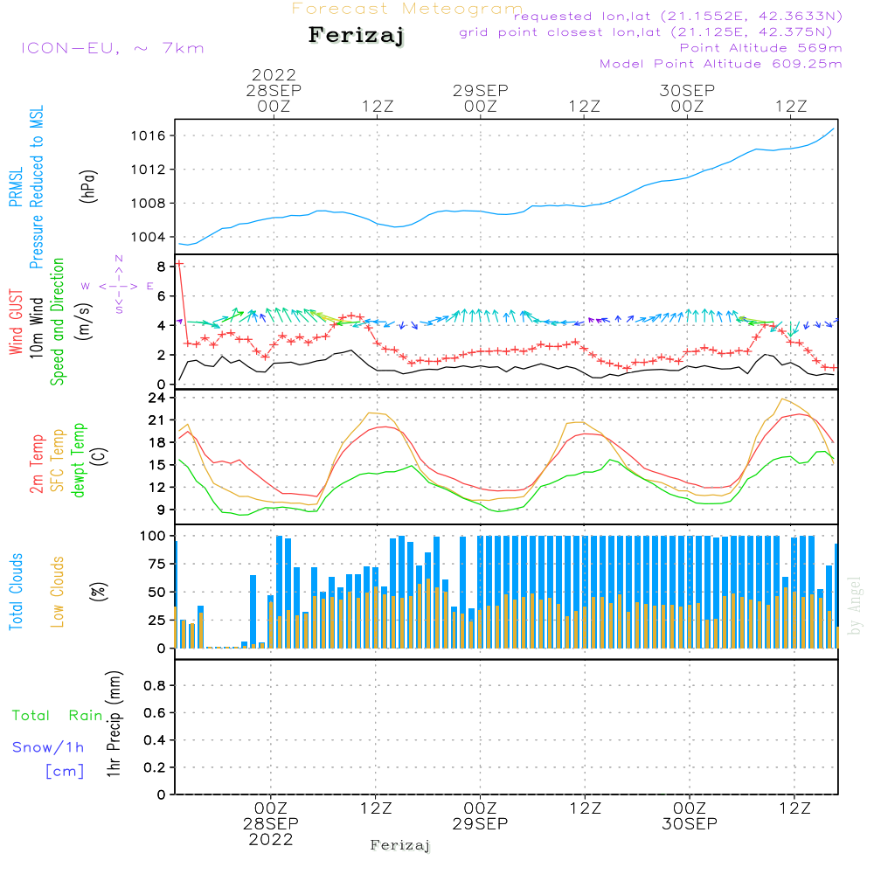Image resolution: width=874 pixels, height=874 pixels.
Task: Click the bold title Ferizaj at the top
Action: tap(357, 37)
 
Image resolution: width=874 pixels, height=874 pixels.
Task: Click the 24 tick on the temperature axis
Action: tap(158, 398)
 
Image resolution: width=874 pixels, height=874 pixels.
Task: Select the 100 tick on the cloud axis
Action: tap(154, 535)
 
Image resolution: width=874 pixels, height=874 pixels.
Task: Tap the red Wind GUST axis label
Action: tap(17, 323)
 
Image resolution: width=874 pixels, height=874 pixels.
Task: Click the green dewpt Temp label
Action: tap(80, 460)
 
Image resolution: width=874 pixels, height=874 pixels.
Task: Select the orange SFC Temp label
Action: tap(59, 460)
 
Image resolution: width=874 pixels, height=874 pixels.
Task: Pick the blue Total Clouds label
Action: tap(17, 592)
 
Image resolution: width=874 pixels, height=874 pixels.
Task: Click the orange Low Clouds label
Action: tap(59, 592)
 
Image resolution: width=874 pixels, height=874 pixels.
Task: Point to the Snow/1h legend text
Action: tap(48, 748)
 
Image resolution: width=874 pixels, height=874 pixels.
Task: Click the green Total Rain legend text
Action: tap(58, 716)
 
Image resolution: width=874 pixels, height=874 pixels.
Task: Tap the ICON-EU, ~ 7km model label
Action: tap(111, 48)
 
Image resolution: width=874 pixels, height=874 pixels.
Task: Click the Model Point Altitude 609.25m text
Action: tap(721, 64)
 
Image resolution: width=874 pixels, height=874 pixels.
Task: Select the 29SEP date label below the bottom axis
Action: tap(480, 824)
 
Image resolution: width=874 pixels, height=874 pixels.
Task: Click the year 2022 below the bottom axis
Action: tap(270, 840)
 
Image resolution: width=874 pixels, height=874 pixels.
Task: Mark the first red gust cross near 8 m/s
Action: tap(179, 263)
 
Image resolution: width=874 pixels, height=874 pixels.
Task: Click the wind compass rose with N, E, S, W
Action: tap(118, 286)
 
